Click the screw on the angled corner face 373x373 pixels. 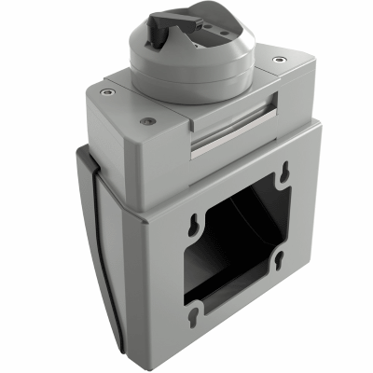[145, 120]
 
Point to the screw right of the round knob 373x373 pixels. [279, 61]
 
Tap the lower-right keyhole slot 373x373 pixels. [281, 265]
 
